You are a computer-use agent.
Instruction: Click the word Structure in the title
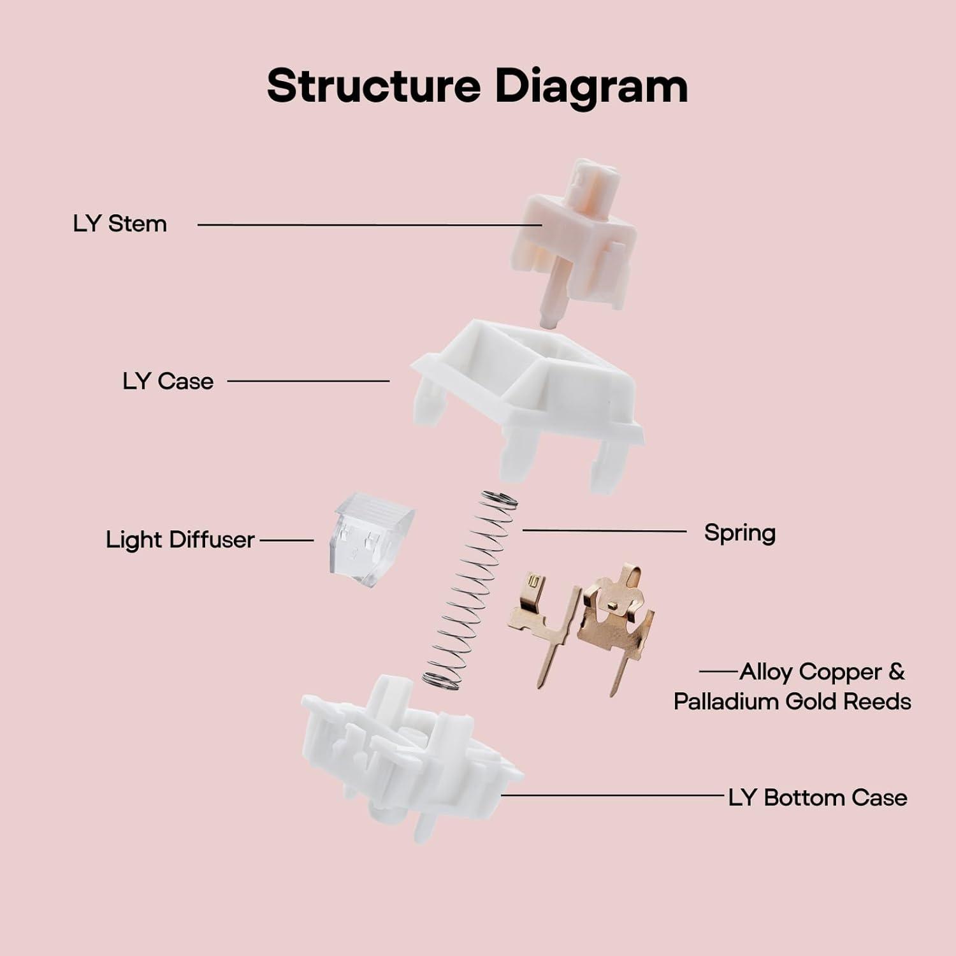(x=373, y=86)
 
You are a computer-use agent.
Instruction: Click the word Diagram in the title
(x=591, y=87)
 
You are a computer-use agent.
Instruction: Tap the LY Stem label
(x=120, y=224)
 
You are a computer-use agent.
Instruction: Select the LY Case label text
(x=168, y=381)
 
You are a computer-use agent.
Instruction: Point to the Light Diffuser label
(x=180, y=540)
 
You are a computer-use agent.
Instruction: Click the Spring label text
(x=739, y=533)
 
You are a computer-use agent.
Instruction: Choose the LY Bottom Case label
(x=818, y=797)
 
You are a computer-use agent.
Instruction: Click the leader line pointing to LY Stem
(x=370, y=224)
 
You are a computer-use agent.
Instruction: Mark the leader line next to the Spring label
(x=604, y=530)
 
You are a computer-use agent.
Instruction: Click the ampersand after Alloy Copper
(x=895, y=672)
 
